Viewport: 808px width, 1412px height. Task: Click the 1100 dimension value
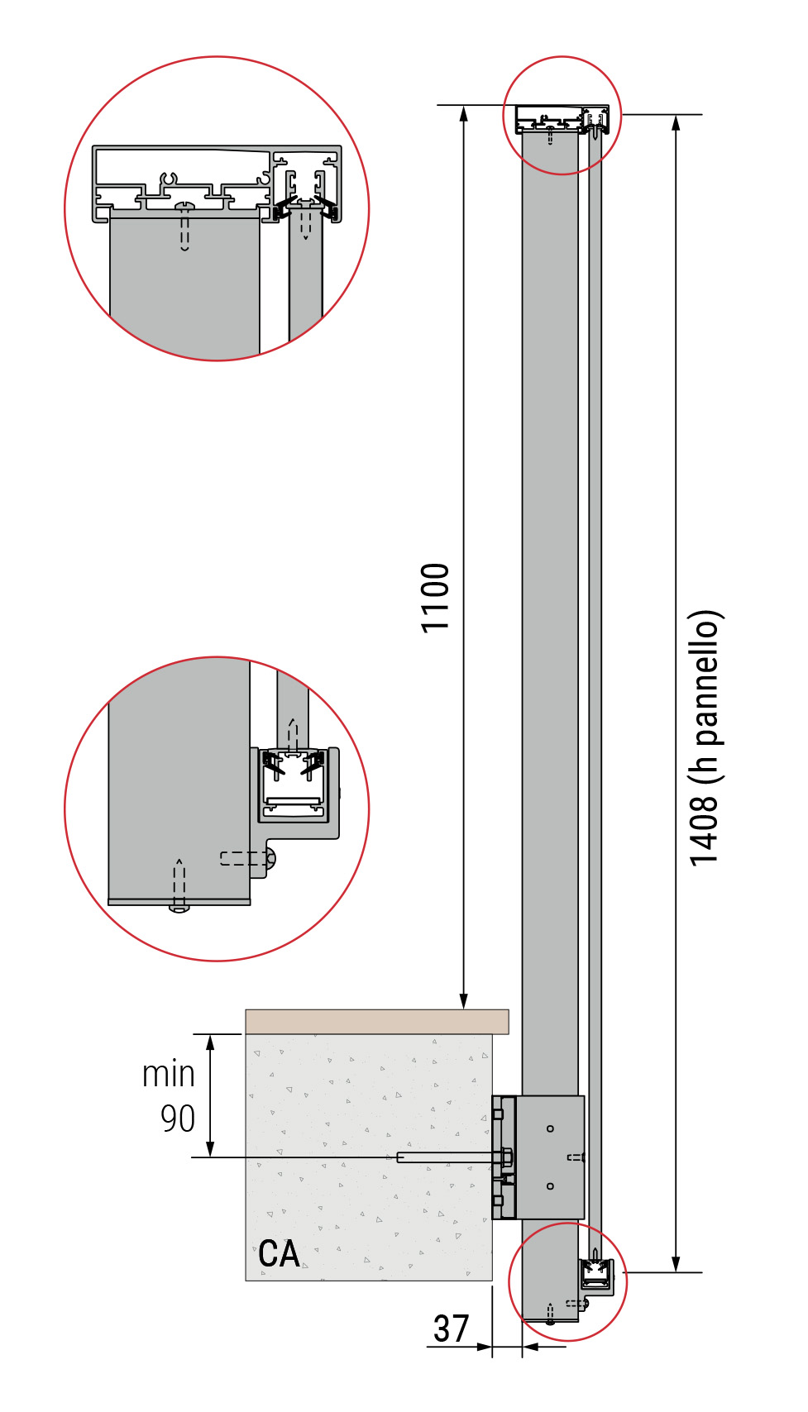pos(435,598)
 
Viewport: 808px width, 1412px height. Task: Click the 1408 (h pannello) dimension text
pos(703,738)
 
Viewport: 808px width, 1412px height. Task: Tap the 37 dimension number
pos(452,1329)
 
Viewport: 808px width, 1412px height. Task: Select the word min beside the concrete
pos(169,1074)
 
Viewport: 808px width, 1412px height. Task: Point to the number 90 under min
pos(178,1119)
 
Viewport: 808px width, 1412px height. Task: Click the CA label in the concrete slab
pos(279,1254)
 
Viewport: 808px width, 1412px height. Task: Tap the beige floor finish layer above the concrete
pos(376,1021)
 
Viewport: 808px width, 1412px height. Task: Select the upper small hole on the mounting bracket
pos(550,1128)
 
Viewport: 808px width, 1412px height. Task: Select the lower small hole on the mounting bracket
pos(550,1186)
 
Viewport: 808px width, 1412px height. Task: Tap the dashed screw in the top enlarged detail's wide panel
pos(184,227)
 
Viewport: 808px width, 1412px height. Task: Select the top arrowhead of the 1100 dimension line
pos(464,113)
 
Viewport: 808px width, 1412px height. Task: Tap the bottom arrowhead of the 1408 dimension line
pos(677,1264)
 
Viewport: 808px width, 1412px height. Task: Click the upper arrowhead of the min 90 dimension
pos(211,1042)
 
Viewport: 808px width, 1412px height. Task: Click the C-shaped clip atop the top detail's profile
pos(169,181)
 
